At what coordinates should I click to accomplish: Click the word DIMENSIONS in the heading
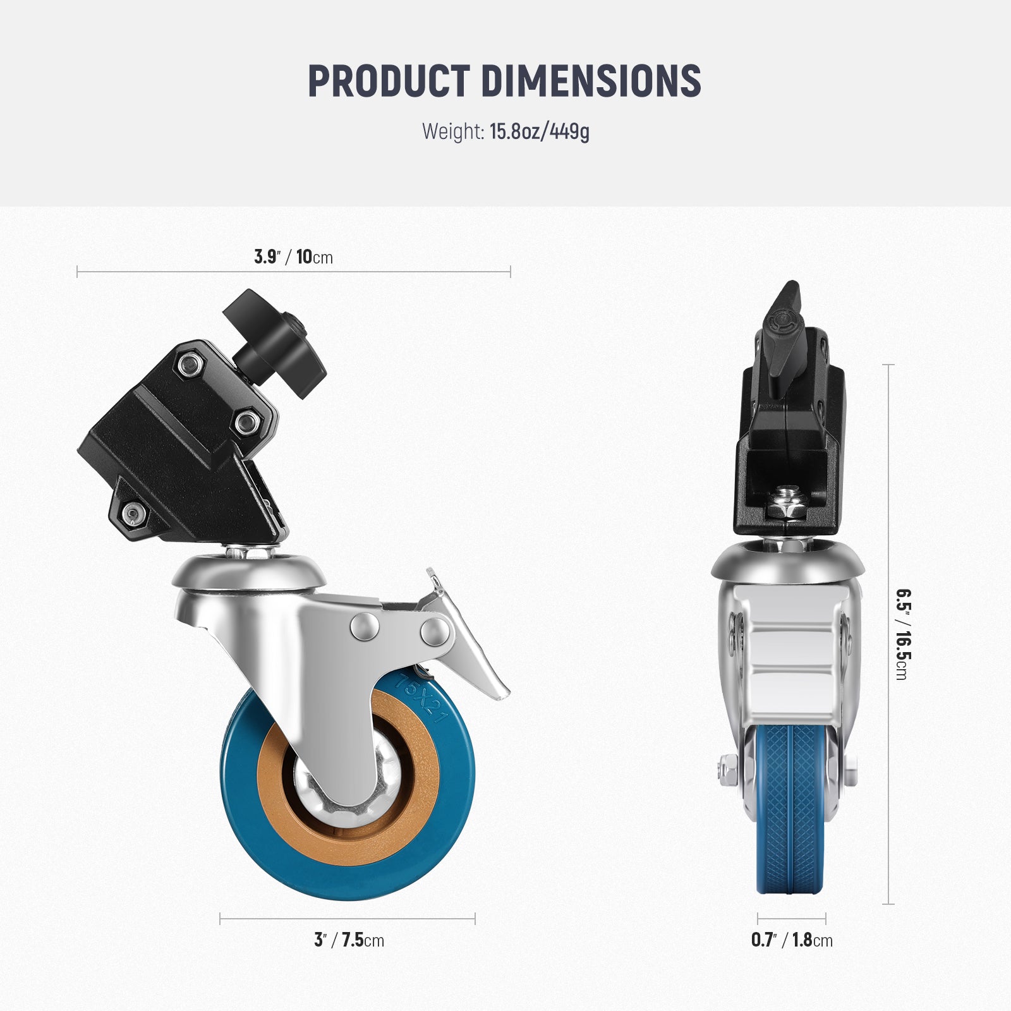pyautogui.click(x=591, y=81)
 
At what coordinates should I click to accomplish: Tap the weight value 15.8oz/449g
pyautogui.click(x=539, y=132)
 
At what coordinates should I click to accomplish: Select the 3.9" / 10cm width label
pyautogui.click(x=293, y=257)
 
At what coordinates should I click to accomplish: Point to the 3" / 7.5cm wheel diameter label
pyautogui.click(x=349, y=940)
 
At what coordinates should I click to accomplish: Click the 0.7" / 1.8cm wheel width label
pyautogui.click(x=791, y=940)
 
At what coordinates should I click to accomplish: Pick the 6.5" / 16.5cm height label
pyautogui.click(x=903, y=634)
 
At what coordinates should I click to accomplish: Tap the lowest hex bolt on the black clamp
pyautogui.click(x=132, y=514)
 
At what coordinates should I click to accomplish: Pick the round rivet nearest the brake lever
pyautogui.click(x=435, y=631)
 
